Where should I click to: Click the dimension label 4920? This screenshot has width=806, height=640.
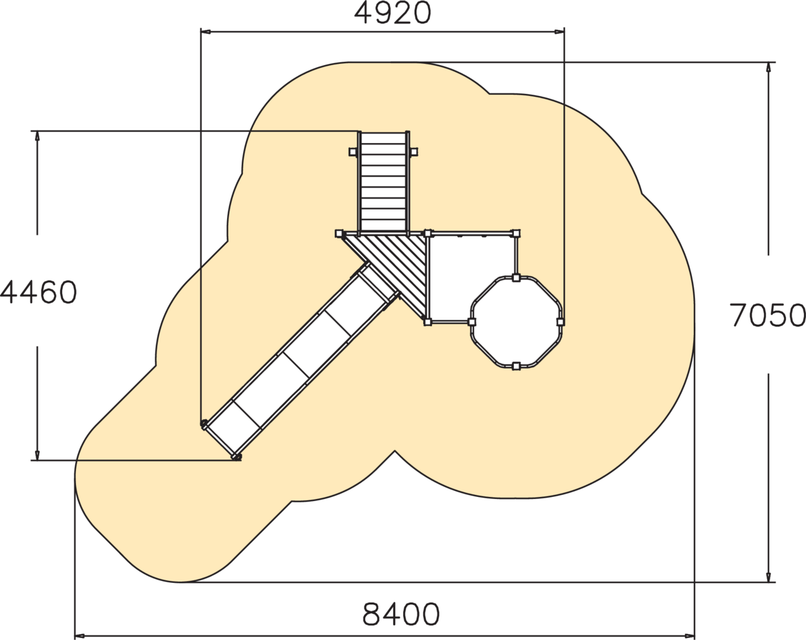pyautogui.click(x=392, y=13)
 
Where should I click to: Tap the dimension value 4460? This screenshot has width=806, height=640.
pyautogui.click(x=38, y=292)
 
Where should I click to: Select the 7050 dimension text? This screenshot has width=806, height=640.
pyautogui.click(x=768, y=315)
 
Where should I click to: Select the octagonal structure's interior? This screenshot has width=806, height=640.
pyautogui.click(x=516, y=322)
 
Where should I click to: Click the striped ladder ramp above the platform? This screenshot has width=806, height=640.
pyautogui.click(x=384, y=181)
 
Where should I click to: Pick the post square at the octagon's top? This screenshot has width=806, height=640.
pyautogui.click(x=516, y=278)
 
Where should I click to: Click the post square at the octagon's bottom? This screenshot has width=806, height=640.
pyautogui.click(x=516, y=366)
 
